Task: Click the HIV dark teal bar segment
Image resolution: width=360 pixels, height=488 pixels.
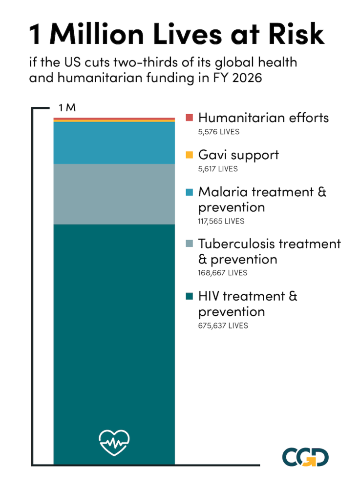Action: click(x=114, y=342)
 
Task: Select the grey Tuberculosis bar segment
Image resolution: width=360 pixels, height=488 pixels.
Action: click(x=114, y=194)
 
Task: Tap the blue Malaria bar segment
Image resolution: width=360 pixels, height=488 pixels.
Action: click(x=114, y=142)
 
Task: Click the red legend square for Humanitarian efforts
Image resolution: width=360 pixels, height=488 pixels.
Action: click(x=190, y=118)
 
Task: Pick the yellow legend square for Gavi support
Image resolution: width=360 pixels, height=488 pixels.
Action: click(x=190, y=155)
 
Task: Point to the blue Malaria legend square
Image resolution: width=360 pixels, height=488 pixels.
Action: click(x=190, y=192)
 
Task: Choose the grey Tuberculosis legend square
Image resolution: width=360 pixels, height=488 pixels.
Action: click(x=190, y=244)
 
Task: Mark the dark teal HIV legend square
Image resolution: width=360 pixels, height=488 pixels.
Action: click(x=190, y=296)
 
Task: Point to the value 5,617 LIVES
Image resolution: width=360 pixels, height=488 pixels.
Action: click(x=218, y=169)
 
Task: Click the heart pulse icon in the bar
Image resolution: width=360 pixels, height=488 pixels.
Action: click(x=114, y=442)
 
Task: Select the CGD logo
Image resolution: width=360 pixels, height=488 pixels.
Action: click(x=305, y=457)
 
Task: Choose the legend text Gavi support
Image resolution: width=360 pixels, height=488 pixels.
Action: click(x=238, y=155)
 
